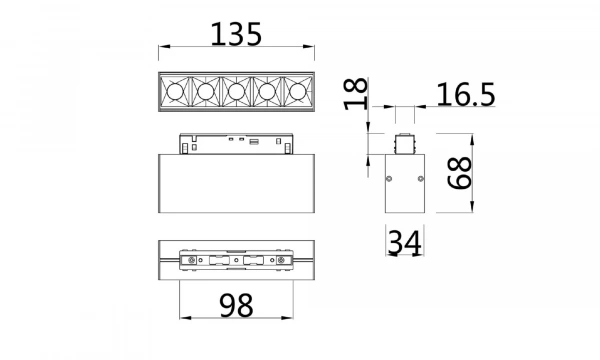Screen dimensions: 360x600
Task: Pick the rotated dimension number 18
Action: click(353, 96)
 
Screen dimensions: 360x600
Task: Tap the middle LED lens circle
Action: click(236, 93)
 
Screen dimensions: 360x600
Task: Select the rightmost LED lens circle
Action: click(297, 93)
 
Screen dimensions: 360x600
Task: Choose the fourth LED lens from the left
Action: click(267, 93)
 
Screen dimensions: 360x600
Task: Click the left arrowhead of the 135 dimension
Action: click(162, 48)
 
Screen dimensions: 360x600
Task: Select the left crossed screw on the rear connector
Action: click(189, 263)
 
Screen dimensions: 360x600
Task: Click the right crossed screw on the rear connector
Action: click(284, 263)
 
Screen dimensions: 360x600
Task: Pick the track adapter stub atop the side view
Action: click(404, 141)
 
